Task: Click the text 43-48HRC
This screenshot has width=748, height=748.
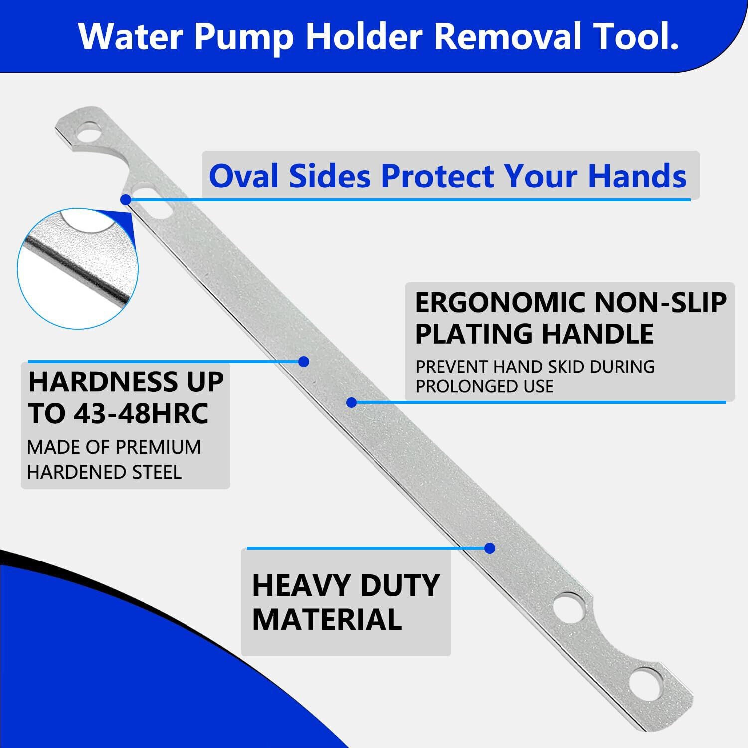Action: [x=141, y=413]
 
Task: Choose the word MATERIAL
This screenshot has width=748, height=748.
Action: [x=327, y=619]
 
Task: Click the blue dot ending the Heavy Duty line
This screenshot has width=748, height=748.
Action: [x=490, y=548]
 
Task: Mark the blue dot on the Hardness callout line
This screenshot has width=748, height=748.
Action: [x=304, y=362]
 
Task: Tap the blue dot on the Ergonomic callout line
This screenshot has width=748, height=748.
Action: [x=352, y=402]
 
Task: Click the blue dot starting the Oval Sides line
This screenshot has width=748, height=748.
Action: [x=126, y=199]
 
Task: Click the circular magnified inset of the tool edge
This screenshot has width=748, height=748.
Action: [x=78, y=268]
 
